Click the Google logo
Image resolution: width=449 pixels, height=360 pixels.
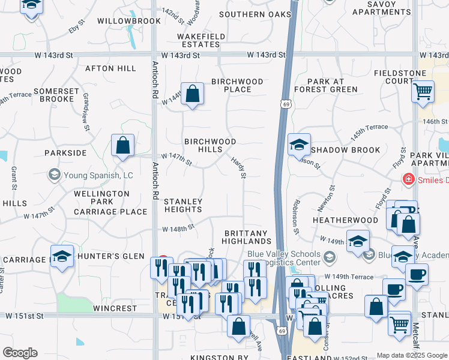20,353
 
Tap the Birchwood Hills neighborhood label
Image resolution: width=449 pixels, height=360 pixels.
210,145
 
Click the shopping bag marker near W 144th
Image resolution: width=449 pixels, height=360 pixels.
192,94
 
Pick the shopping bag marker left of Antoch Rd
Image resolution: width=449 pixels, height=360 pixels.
122,145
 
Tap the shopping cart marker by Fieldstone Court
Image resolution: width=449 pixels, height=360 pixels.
423,92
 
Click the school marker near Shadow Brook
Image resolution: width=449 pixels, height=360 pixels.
299,145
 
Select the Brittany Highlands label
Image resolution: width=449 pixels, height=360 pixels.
253,236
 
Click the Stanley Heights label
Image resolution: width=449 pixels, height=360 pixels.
183,205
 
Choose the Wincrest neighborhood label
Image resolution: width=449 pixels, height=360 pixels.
115,308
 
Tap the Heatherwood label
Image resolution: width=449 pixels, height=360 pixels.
345,220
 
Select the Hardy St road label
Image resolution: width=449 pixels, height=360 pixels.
239,167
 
